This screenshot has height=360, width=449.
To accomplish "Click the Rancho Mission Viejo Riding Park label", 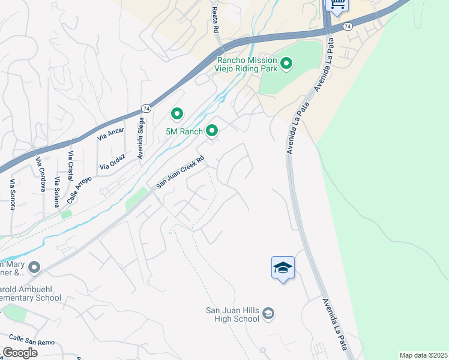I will coord(247,64).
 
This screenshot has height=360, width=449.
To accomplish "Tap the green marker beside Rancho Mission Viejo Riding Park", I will coord(286,62).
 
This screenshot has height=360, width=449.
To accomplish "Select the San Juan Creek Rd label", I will coord(181,173).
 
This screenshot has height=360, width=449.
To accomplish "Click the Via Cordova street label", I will coord(40,174).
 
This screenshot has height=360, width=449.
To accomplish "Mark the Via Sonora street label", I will coord(13,194).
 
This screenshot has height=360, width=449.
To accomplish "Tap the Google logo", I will coord(20,353).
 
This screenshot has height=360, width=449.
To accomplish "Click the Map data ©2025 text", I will coord(423,355).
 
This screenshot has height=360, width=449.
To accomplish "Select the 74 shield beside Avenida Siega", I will coord(145,108).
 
